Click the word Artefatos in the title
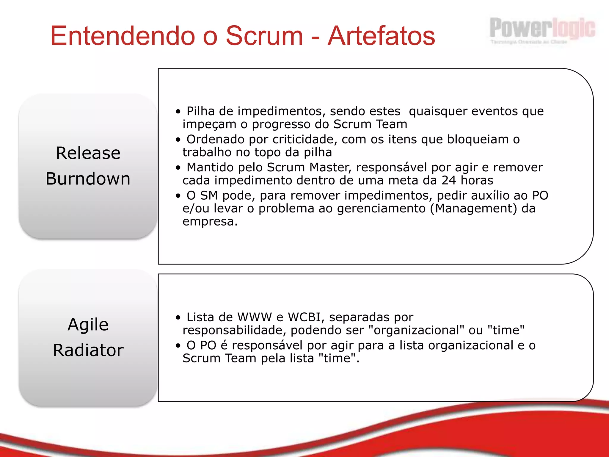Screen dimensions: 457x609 point(381,36)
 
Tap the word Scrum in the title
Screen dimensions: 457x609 point(264,36)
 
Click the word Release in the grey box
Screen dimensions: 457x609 point(88,153)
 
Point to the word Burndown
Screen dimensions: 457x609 point(88,179)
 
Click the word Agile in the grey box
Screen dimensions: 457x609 point(88,324)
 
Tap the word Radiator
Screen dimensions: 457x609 point(88,350)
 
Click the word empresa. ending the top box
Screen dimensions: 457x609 point(210,222)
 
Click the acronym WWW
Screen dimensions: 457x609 point(255,317)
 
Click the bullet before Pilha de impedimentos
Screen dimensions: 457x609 point(178,112)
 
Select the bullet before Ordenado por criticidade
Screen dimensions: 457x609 point(178,140)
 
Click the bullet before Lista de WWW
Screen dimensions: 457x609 point(178,318)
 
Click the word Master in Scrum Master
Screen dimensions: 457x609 point(330,168)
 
